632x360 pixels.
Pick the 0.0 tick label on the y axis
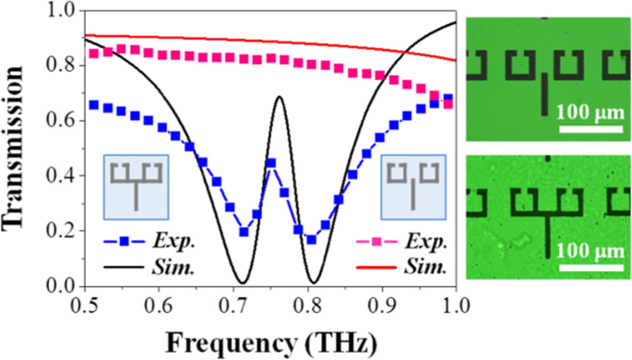pos(59,287)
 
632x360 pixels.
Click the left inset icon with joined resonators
pos(134,185)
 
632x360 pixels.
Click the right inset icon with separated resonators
pos(414,184)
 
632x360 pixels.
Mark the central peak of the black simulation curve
pos(278,97)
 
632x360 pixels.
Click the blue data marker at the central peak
pos(272,163)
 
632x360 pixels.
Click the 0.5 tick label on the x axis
pos(85,304)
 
